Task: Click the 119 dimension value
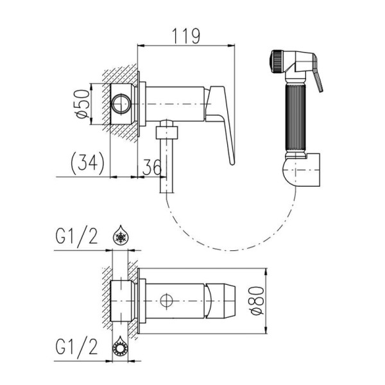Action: (186, 36)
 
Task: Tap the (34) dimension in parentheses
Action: (88, 163)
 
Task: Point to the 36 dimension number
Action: (152, 167)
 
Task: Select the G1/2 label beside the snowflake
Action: (76, 236)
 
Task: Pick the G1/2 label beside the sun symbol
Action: (76, 346)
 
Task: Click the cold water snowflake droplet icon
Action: (121, 235)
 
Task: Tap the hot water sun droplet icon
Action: (121, 346)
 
